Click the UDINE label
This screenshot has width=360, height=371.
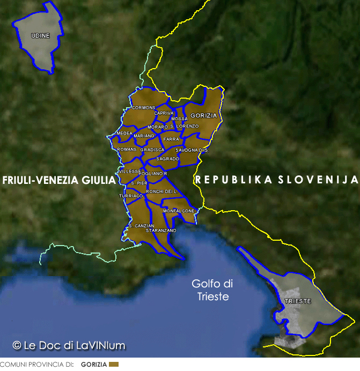click(41, 36)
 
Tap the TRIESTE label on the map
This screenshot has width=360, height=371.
click(298, 301)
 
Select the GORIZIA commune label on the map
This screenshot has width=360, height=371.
click(204, 115)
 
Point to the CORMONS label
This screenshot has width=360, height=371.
click(143, 108)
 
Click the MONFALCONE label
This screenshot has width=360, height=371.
click(179, 211)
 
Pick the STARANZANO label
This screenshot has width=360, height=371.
click(161, 230)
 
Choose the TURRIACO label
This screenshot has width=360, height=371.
click(131, 196)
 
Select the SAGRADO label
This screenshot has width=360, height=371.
click(167, 159)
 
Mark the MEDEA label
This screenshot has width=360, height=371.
click(124, 133)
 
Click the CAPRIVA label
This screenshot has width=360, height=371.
click(164, 113)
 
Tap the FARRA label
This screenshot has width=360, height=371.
click(171, 139)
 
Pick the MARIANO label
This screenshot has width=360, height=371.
click(144, 136)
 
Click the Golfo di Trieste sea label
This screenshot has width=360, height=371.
click(213, 290)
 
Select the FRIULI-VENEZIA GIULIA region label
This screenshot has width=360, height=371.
click(59, 180)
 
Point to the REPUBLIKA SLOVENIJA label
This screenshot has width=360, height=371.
click(276, 180)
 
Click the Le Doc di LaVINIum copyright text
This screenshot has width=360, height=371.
click(69, 345)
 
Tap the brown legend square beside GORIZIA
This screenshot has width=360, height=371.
click(113, 365)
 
